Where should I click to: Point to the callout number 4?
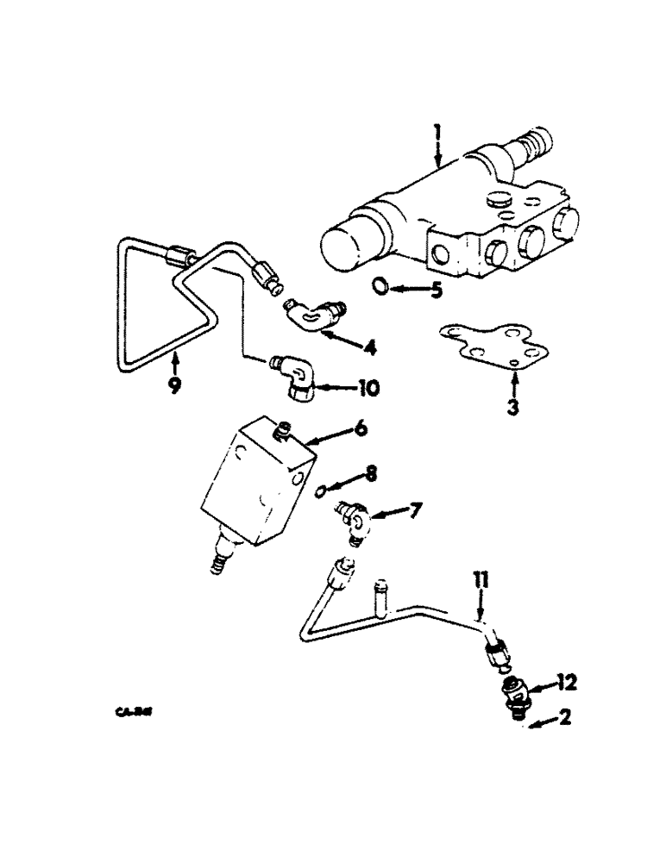coord(369,348)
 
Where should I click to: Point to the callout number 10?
coord(368,390)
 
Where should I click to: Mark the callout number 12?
coord(568,684)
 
